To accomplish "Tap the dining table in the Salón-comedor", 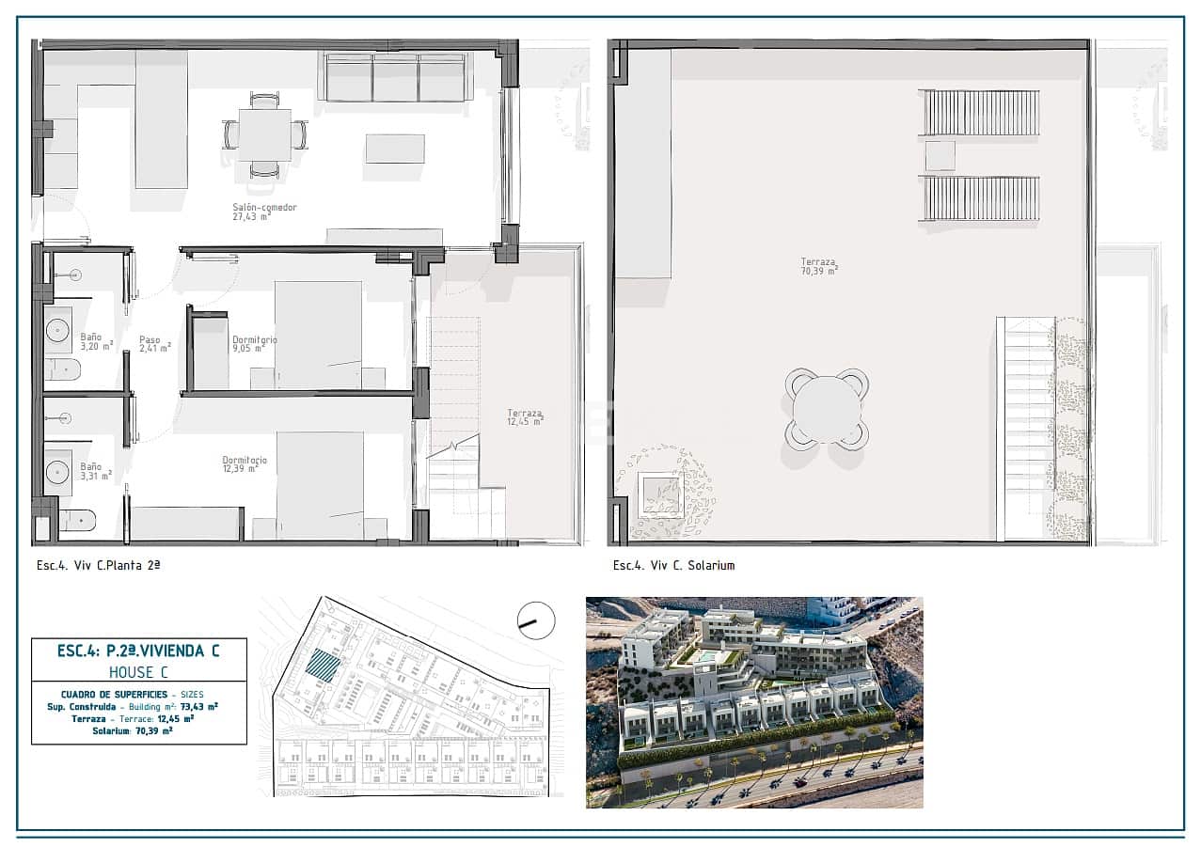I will [x=264, y=135].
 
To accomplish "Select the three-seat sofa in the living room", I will [x=396, y=77].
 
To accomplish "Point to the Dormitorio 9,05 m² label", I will [x=254, y=344].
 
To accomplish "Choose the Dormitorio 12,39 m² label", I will [x=245, y=464].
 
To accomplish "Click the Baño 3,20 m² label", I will [x=96, y=340].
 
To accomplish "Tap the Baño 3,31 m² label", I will [x=95, y=470].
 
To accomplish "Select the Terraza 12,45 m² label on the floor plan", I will [x=525, y=417].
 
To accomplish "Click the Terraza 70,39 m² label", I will [x=819, y=266].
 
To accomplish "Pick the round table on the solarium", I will [x=827, y=409].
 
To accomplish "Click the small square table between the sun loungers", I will [x=940, y=155].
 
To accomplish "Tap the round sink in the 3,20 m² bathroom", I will [x=58, y=330].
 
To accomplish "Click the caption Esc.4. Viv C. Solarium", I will [x=673, y=565].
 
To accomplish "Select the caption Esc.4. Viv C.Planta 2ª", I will [x=99, y=565].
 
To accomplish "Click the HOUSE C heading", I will [x=139, y=671].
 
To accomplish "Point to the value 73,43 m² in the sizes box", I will [x=199, y=706].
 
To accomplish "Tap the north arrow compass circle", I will [x=536, y=620].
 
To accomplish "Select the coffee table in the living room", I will [x=395, y=149].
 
